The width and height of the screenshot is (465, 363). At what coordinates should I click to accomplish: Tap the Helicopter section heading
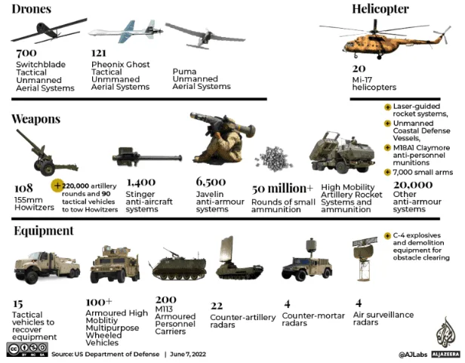coord(380,9)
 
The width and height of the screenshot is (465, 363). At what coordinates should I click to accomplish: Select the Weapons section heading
coord(36,118)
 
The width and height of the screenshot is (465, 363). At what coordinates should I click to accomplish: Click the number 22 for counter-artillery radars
coord(217,306)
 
